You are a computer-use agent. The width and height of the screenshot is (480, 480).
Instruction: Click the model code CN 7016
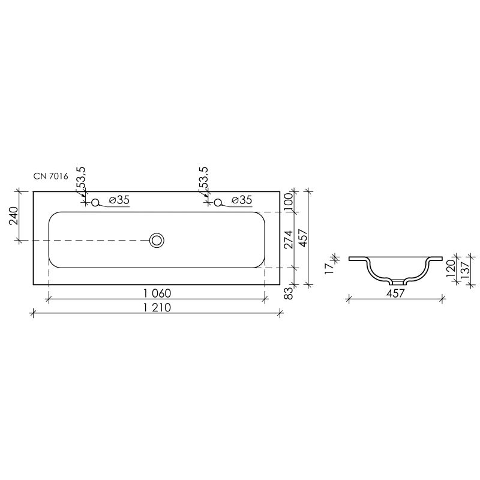pyautogui.click(x=52, y=176)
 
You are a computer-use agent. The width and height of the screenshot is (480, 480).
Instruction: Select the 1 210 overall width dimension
pyautogui.click(x=158, y=308)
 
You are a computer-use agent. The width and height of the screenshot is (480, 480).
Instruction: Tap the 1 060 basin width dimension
pyautogui.click(x=158, y=293)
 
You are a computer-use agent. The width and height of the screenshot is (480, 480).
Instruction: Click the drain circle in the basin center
pyautogui.click(x=157, y=241)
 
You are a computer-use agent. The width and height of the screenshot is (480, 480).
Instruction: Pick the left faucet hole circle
pyautogui.click(x=95, y=203)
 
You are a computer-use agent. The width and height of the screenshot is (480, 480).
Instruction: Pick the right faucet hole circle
pyautogui.click(x=218, y=203)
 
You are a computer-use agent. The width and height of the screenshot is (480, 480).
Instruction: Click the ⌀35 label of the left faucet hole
pyautogui.click(x=119, y=200)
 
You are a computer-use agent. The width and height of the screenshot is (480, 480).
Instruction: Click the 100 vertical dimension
pyautogui.click(x=289, y=201)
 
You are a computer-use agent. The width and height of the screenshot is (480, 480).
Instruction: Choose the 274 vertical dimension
pyautogui.click(x=289, y=239)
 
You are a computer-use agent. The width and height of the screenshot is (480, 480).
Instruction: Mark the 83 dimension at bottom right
pyautogui.click(x=289, y=293)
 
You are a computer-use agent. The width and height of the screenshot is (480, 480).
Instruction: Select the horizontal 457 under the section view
pyautogui.click(x=395, y=293)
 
